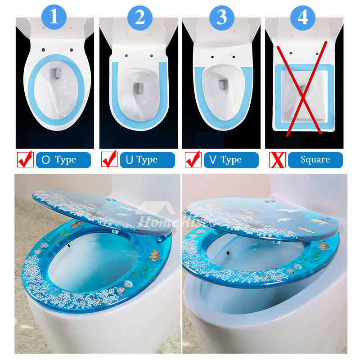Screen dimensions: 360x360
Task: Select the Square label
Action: coord(315,160)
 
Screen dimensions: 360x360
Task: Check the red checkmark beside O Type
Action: coord(25,159)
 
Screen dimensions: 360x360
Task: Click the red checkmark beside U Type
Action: coord(109,159)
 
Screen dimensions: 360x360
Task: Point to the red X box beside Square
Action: coord(277,160)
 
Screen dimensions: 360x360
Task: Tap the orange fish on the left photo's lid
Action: coord(75,224)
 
